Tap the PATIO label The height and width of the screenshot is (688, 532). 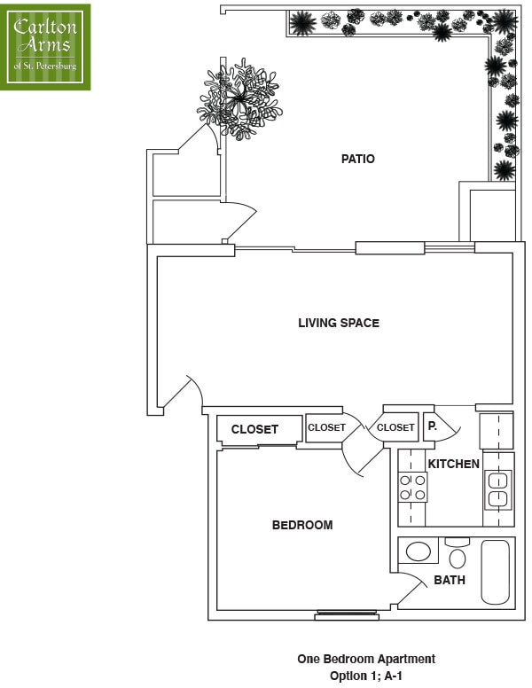click(358, 160)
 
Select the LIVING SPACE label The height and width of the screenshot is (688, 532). click(338, 323)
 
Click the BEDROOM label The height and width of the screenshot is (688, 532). click(301, 525)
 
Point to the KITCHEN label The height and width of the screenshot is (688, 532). click(453, 464)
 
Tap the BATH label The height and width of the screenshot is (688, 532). click(450, 581)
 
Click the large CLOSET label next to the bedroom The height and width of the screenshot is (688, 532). click(254, 429)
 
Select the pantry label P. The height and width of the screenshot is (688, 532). click(433, 426)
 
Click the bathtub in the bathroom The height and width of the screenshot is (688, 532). click(495, 571)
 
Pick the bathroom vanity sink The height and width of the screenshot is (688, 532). click(418, 551)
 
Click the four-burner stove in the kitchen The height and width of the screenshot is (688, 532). click(412, 488)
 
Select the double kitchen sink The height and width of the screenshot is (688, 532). click(497, 489)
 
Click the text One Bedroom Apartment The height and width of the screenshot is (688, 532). click(365, 659)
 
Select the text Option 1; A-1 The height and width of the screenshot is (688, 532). click(365, 676)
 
